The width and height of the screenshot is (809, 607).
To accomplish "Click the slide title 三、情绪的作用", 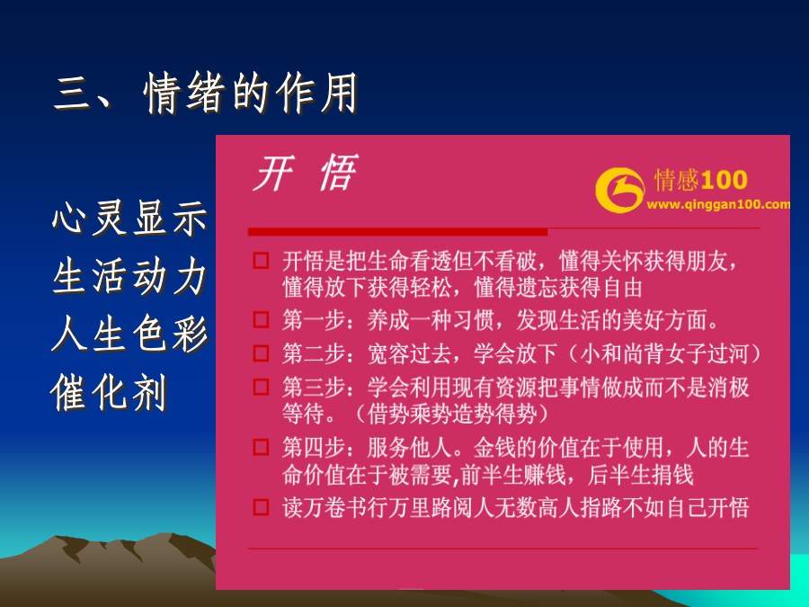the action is coord(205,93).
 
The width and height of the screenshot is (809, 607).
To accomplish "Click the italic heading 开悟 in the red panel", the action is coord(305,173).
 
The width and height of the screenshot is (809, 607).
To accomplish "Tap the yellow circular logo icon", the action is coord(619,190).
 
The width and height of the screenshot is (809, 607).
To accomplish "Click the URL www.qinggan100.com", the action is coord(718,204).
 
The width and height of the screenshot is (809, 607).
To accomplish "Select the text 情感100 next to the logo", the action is coord(700,180).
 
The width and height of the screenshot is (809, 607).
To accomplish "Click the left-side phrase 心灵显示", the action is coord(129,219).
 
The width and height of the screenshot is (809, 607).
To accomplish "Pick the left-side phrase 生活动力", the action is coord(129,276).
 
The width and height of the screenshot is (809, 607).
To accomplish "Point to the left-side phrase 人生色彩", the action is coord(129,334).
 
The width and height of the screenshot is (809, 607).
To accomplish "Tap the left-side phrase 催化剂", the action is coord(109,392).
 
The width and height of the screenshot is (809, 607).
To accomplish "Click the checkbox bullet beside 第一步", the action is coord(261,320).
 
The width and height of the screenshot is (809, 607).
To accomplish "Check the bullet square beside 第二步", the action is coord(261,353).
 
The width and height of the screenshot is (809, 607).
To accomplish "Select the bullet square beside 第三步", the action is coord(261,387).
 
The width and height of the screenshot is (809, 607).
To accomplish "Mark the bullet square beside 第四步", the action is coord(261,447).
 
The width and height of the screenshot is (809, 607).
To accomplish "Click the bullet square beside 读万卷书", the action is coord(261,507).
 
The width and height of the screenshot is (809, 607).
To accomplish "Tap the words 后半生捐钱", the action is coord(640,475).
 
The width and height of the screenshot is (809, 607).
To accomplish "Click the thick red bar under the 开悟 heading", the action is coord(397,232).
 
